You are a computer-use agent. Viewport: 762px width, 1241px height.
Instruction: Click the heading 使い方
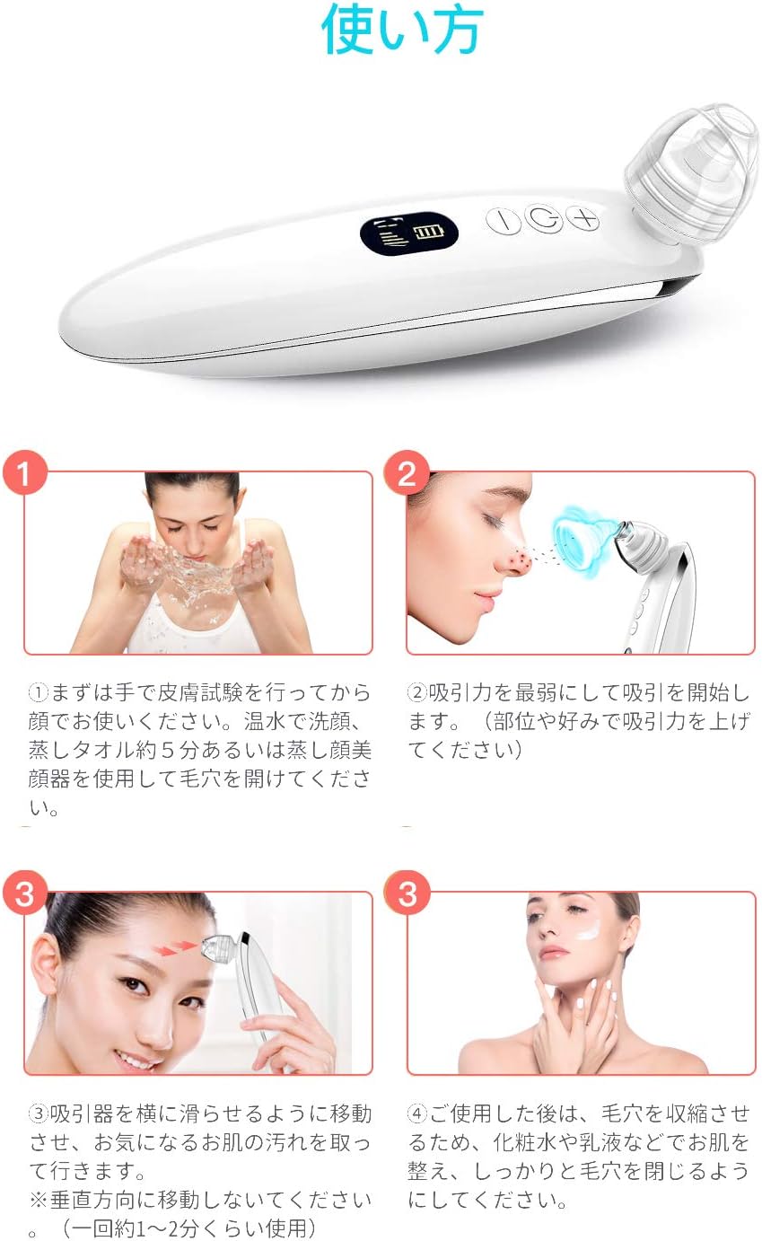coord(401,31)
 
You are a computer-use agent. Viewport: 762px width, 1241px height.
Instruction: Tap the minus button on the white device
coord(504,220)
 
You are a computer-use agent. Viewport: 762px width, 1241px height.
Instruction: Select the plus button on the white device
coord(584,218)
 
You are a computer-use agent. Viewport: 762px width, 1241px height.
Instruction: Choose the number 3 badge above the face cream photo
coord(407,893)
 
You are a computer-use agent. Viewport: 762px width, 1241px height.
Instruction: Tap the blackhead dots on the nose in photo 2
coord(516,562)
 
